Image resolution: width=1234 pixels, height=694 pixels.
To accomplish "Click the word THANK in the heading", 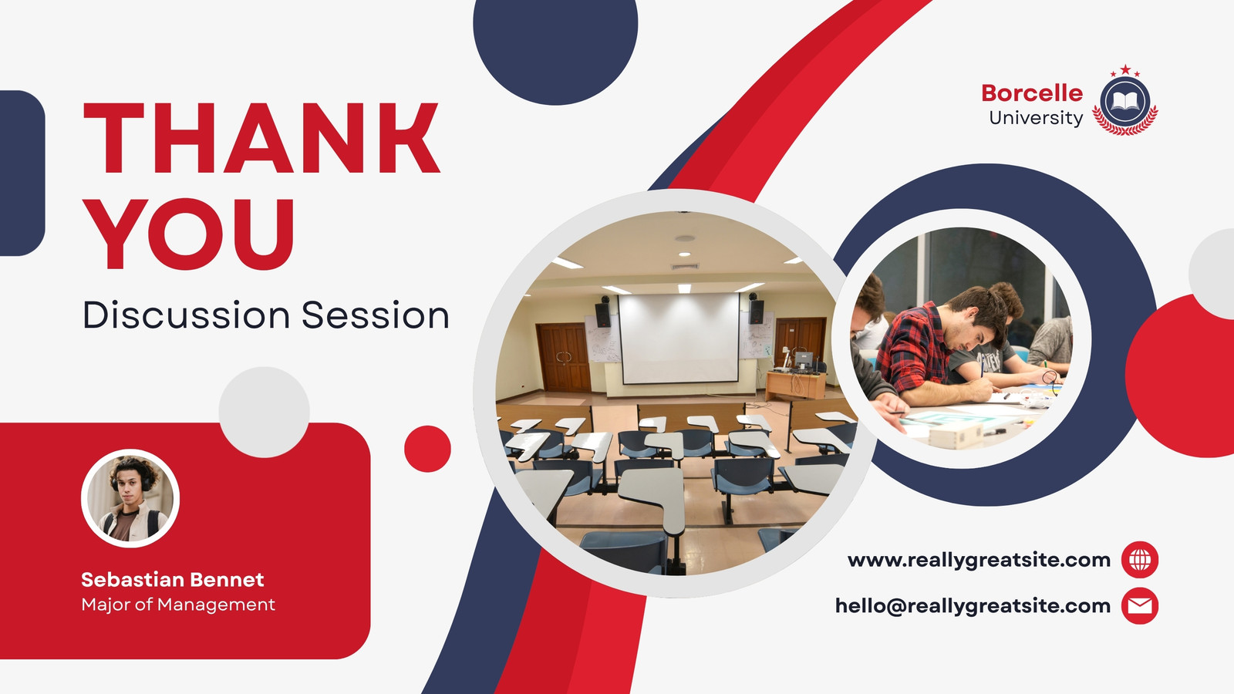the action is [261, 138].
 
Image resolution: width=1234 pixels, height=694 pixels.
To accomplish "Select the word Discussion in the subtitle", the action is [186, 315].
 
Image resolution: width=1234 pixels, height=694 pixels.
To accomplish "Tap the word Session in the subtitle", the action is [376, 315].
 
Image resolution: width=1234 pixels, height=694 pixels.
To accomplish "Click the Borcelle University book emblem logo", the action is [1125, 101].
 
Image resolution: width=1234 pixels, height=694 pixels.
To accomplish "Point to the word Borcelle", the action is [1032, 93].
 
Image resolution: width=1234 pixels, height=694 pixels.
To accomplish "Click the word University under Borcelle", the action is [1037, 118].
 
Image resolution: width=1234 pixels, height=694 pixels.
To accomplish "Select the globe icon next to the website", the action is [1140, 560].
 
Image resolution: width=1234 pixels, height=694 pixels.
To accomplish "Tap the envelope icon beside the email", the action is [1140, 606].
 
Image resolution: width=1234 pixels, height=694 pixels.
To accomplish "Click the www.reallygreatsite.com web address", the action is [979, 560].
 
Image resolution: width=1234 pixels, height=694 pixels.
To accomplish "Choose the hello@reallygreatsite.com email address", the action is [973, 606].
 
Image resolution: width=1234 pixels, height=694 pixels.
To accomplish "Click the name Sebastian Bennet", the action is [173, 579].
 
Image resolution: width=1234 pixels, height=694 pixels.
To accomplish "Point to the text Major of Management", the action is [178, 605].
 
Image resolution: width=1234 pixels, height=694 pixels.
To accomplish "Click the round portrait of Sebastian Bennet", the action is [130, 498].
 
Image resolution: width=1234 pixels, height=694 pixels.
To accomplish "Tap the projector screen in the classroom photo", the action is [679, 338].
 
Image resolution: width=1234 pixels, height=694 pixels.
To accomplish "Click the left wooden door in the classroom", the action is [564, 358].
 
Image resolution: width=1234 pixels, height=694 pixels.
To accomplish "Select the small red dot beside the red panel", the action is [427, 449].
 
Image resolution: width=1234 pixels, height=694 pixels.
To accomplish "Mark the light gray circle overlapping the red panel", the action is [265, 412].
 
